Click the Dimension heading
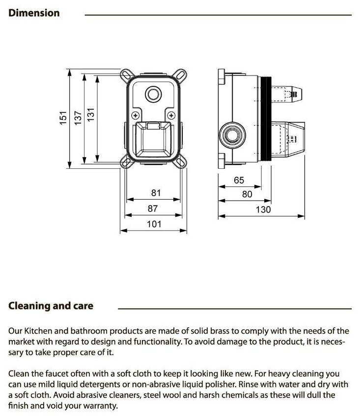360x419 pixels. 34,13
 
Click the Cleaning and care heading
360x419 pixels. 51,306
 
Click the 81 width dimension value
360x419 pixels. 156,193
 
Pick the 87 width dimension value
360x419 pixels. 153,209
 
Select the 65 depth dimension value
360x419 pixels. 239,180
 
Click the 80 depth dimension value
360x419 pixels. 247,194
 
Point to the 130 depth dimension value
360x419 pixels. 264,209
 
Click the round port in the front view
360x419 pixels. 154,94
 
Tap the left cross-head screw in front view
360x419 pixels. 134,115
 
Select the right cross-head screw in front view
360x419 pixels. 170,115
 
